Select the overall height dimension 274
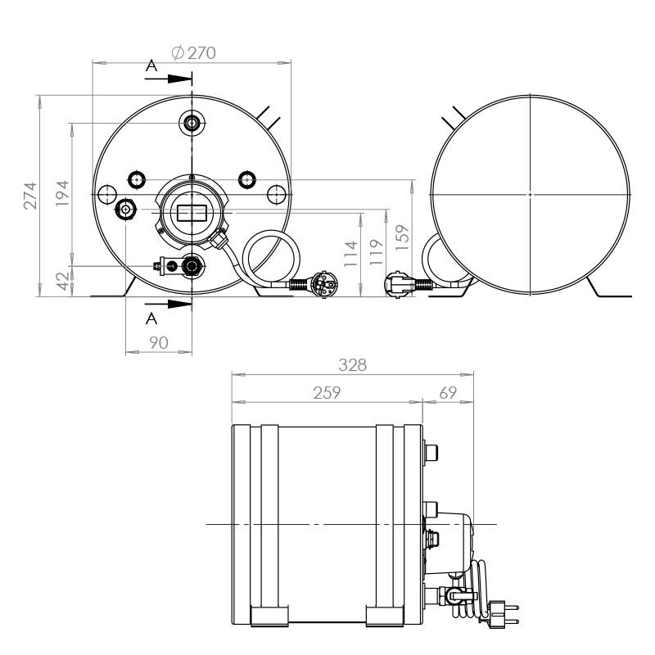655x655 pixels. click(29, 195)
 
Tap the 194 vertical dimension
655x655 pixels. click(61, 194)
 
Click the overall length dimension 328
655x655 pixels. click(353, 365)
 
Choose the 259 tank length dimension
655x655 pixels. click(327, 392)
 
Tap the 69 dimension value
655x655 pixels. click(448, 392)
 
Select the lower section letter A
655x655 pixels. click(151, 318)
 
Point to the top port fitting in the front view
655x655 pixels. click(192, 123)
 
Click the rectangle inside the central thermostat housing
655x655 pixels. click(192, 213)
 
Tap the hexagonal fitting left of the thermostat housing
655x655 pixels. click(126, 210)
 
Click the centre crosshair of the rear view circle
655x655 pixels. click(531, 194)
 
